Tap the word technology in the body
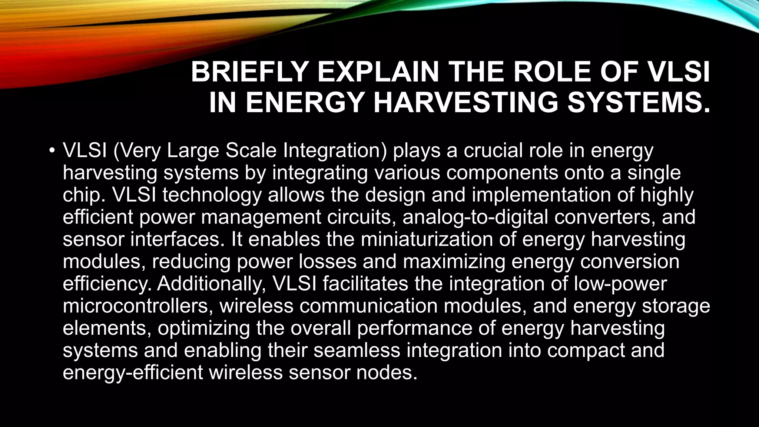coord(212,195)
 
